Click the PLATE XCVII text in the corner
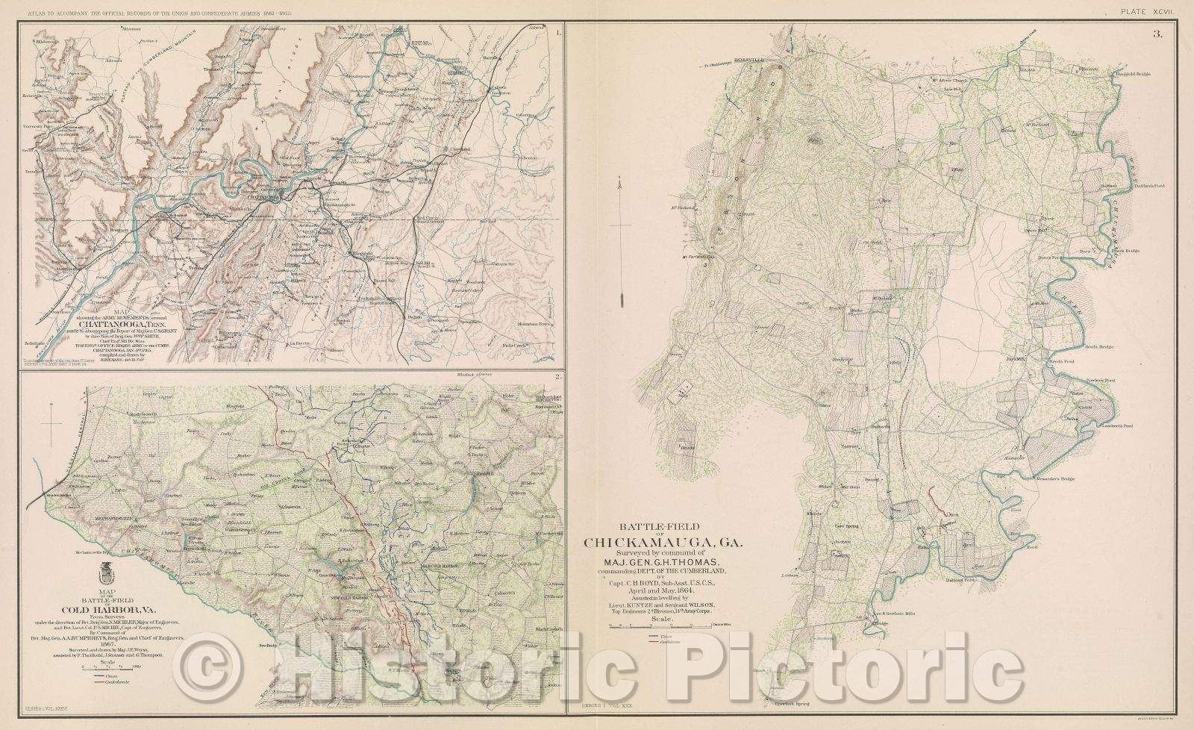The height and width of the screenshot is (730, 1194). pyautogui.click(x=1162, y=9)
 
